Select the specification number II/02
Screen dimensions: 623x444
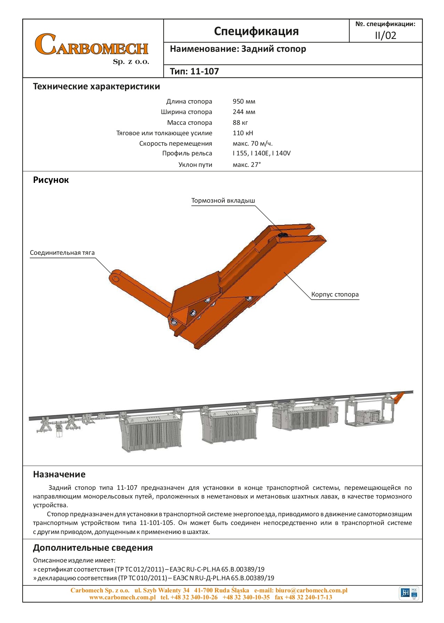click(x=385, y=35)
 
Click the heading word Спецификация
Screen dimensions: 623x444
click(x=256, y=31)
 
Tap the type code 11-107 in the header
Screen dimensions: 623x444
click(x=205, y=72)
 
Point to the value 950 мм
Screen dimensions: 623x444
click(x=244, y=102)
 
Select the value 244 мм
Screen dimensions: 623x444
click(x=244, y=112)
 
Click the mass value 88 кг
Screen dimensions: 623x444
click(x=240, y=122)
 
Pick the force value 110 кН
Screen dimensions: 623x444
click(x=243, y=133)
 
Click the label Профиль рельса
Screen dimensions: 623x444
click(x=187, y=153)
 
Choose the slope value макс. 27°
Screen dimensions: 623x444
click(x=247, y=164)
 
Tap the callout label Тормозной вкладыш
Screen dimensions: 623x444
click(x=223, y=201)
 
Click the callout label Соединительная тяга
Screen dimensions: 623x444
click(x=62, y=253)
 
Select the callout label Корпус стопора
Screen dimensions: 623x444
click(x=335, y=294)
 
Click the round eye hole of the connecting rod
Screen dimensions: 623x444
click(x=114, y=278)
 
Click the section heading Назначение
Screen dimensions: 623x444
click(x=59, y=474)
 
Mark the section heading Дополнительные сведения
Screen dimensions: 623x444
click(x=93, y=548)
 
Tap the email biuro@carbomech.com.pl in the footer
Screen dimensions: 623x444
click(x=311, y=590)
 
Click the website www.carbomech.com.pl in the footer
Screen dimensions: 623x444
click(x=122, y=597)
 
